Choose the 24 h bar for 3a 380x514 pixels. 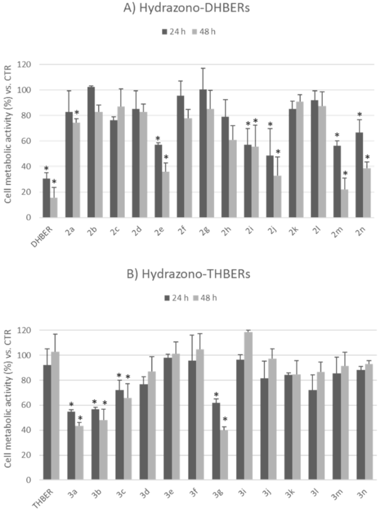71,446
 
